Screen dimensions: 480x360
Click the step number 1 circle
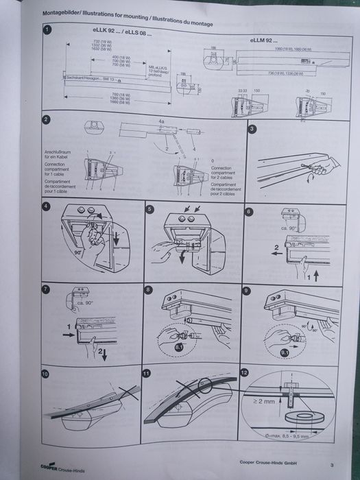tap(45, 30)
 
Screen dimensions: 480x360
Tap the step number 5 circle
tap(149, 208)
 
